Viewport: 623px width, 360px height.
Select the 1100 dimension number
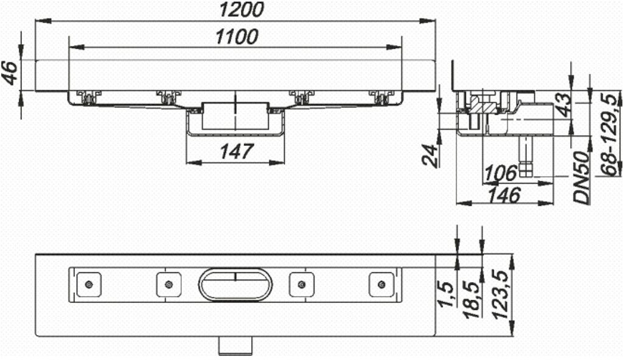coord(237,37)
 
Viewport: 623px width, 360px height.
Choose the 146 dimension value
coord(504,195)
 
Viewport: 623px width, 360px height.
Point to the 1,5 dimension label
coord(448,295)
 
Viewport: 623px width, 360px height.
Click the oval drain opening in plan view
coord(235,284)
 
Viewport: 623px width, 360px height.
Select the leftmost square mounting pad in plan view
coord(89,285)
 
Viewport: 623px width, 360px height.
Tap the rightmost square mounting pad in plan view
coord(381,285)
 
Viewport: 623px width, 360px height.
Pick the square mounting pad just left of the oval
coord(169,285)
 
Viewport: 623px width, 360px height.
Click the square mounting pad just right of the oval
coord(301,285)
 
